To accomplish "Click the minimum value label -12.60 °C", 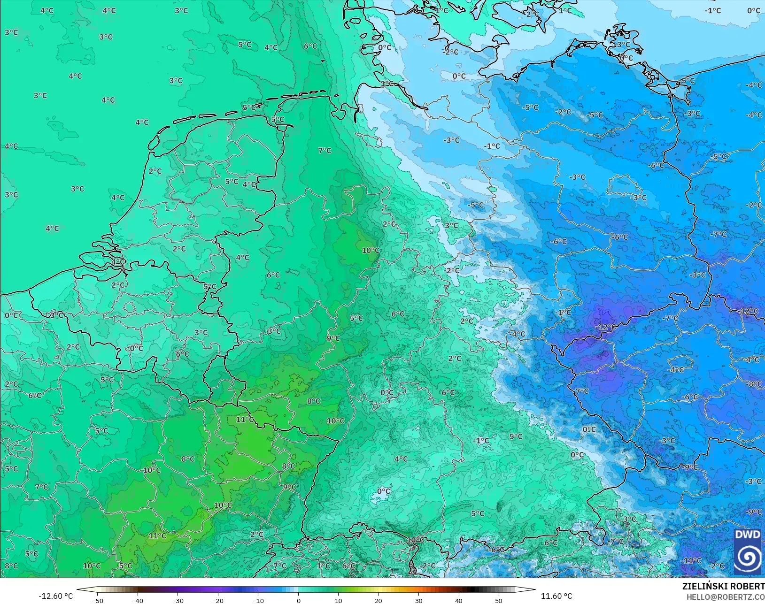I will pos(55,596).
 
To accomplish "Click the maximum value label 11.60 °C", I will pos(556,596).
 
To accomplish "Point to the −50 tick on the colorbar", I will pos(98,600).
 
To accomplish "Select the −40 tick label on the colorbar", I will pos(138,600).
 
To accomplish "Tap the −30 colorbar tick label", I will pos(178,600).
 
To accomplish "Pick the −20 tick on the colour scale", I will pos(218,600).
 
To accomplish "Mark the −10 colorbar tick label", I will pos(258,600).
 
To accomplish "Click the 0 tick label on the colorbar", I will pos(299,600).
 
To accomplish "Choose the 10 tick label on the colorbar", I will pos(339,600).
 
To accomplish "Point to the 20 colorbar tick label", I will pos(379,600).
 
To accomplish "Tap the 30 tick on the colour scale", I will pos(419,600).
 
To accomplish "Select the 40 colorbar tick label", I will pos(459,600).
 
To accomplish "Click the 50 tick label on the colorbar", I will pos(499,600).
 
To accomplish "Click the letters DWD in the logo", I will pos(747,535).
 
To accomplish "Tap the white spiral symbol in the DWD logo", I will pos(747,557).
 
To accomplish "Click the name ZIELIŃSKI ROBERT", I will pos(723,587).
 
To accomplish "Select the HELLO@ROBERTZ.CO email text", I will pos(726,597).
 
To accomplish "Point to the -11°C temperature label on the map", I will pos(691,560).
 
